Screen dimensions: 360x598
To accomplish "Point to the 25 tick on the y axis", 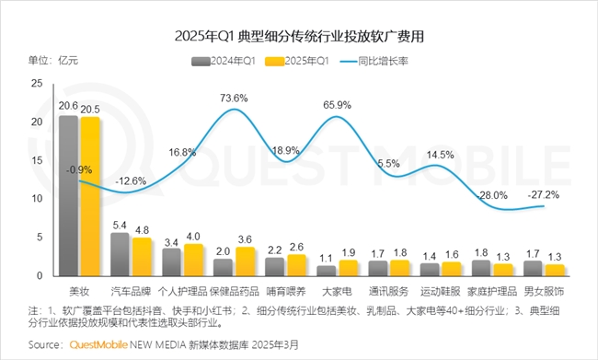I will pyautogui.click(x=37, y=83).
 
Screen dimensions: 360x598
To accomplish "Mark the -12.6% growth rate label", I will pyautogui.click(x=131, y=180).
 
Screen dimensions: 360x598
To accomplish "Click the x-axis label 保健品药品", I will pyautogui.click(x=233, y=289).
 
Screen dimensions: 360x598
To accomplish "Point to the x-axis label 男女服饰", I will pyautogui.click(x=543, y=289).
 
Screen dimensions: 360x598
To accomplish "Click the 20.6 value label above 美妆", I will pyautogui.click(x=67, y=107).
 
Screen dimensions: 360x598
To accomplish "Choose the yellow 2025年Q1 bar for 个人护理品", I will pyautogui.click(x=193, y=260).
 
